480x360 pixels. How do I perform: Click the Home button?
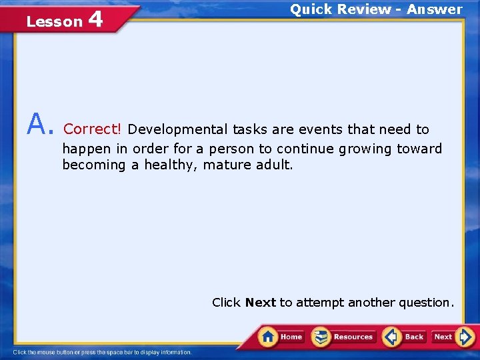coord(281,337)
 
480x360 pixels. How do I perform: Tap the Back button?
coord(404,337)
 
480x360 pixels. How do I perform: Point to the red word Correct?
coord(93,129)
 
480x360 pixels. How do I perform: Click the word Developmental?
coord(177,129)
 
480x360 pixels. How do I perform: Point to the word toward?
coord(420,149)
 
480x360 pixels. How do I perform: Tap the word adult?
coord(274,165)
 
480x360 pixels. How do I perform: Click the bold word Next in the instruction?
coord(261,303)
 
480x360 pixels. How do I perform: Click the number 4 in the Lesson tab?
coord(95,19)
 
